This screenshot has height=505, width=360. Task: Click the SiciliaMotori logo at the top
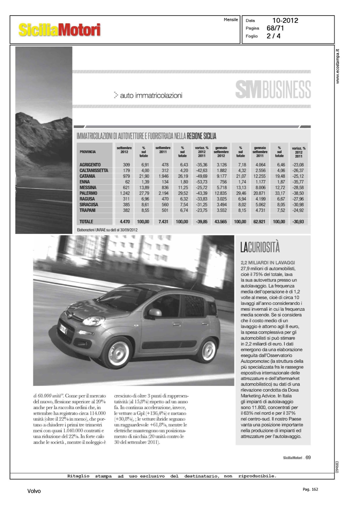(x=59, y=30)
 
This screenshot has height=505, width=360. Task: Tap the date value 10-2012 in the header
(x=285, y=21)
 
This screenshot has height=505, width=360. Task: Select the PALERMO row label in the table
(x=88, y=193)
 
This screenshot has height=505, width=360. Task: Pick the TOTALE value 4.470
(x=125, y=222)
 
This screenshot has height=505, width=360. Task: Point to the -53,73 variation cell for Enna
(x=201, y=182)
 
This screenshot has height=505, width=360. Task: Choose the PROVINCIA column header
(x=88, y=152)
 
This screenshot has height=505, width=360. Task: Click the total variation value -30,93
(x=298, y=222)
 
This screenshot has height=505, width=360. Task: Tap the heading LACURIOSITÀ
(x=260, y=247)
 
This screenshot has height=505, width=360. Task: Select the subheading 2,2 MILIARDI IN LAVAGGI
(x=267, y=263)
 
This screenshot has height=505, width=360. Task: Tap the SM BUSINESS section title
(x=273, y=90)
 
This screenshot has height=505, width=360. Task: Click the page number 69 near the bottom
(x=308, y=457)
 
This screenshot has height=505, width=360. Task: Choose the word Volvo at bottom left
(x=34, y=491)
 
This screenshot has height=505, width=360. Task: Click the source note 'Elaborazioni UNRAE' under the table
(x=107, y=230)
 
